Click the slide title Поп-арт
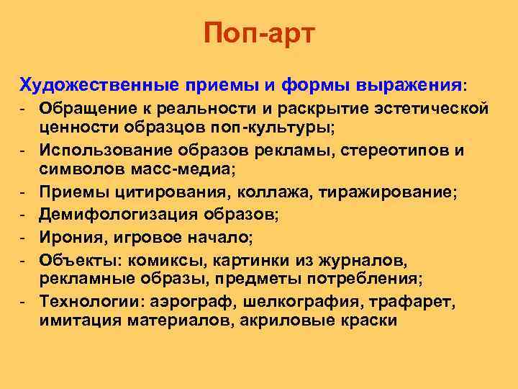pyautogui.click(x=259, y=33)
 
